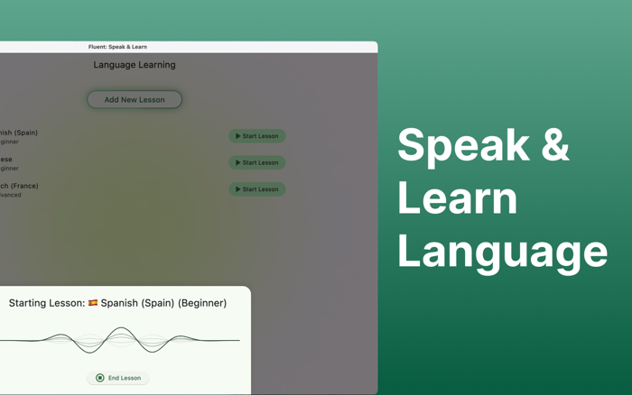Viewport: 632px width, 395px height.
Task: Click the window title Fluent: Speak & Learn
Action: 117,47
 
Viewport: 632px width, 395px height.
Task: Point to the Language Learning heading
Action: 135,65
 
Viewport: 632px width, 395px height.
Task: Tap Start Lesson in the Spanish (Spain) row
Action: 257,136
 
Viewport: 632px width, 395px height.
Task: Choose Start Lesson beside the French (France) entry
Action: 257,189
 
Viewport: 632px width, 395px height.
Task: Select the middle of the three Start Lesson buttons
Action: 257,162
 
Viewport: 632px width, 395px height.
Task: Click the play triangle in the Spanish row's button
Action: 238,136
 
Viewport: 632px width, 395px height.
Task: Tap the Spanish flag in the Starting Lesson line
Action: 93,303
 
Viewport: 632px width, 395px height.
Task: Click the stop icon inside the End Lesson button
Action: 100,378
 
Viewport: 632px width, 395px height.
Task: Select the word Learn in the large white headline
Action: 457,198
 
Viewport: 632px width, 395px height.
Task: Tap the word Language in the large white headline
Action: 502,252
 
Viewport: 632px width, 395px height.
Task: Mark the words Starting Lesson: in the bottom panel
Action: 46,303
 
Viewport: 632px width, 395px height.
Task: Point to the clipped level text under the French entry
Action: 10,195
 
